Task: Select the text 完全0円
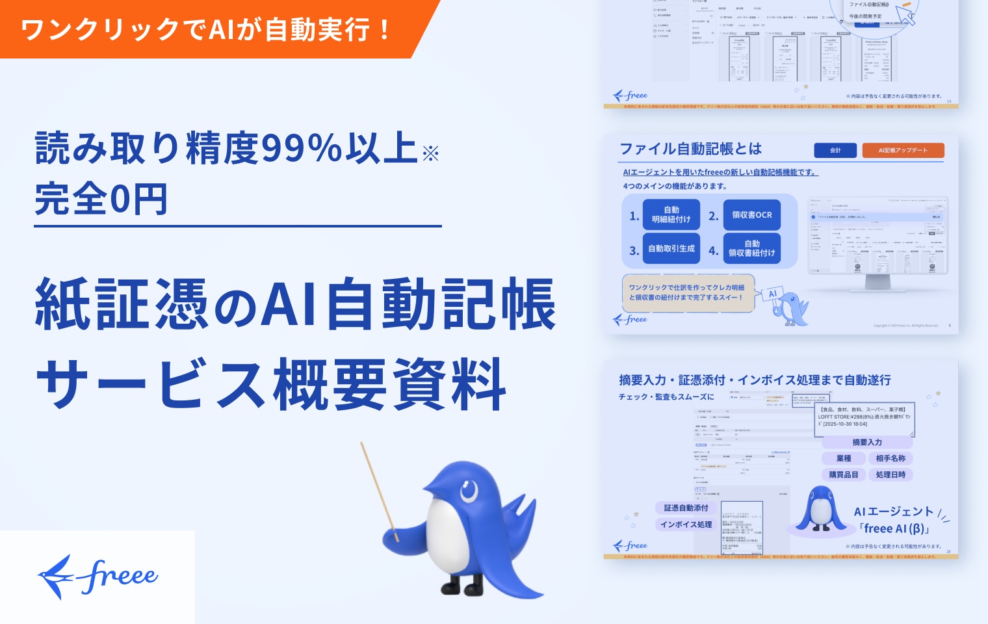coord(101,199)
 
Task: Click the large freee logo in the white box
coord(97,577)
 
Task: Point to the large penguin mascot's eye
coord(469,490)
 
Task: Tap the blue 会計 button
coord(835,150)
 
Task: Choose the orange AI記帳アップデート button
coord(903,150)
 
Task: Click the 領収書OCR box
coord(751,215)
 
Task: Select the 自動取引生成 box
coord(671,248)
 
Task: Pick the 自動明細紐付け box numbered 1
coord(671,214)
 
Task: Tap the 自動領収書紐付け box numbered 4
coord(751,248)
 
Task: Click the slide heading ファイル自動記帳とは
coord(690,149)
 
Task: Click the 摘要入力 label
coord(867,442)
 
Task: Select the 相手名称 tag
coord(890,458)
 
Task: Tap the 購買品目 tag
coord(844,474)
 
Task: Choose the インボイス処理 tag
coord(686,525)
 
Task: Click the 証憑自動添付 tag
coord(686,508)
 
